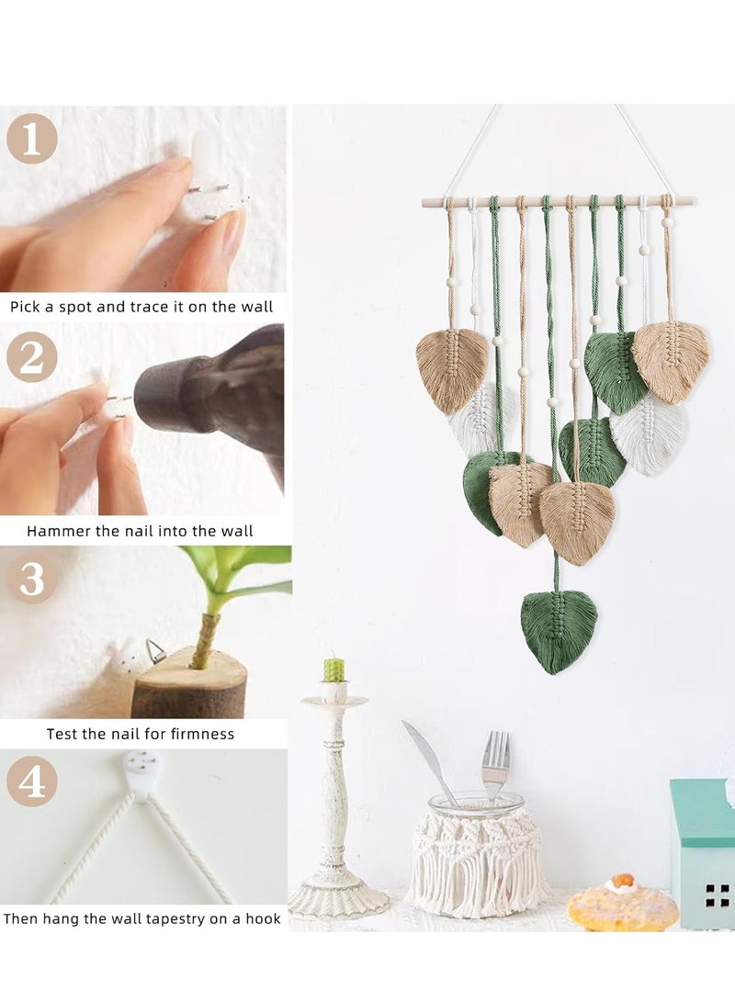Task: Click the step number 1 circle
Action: click(x=32, y=139)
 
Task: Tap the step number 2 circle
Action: click(x=32, y=356)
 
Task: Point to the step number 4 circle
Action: click(x=32, y=781)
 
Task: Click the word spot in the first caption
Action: click(x=76, y=308)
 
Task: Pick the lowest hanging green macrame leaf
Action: click(x=560, y=631)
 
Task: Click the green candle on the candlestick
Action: click(x=334, y=670)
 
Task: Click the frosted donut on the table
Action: click(x=623, y=902)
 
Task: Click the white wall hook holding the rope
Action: click(x=141, y=774)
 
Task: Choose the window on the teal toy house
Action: click(x=718, y=895)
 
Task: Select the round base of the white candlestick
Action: click(x=337, y=898)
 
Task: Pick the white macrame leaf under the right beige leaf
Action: click(x=648, y=432)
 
